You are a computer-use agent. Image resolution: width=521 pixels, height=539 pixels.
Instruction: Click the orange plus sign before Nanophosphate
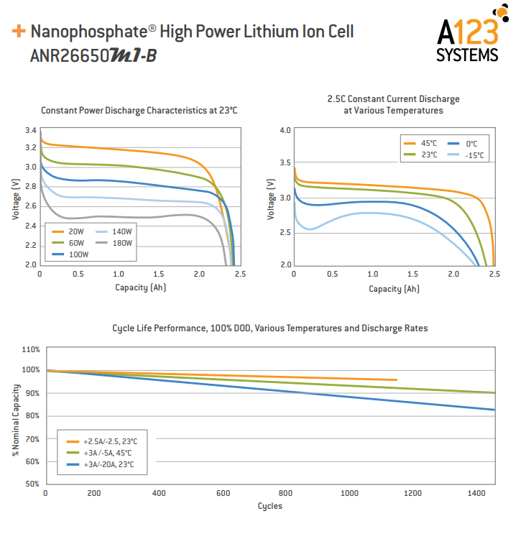[x=19, y=32]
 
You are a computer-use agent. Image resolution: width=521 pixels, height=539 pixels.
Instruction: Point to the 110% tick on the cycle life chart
[x=30, y=349]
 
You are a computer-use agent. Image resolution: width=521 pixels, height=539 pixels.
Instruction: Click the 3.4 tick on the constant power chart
[x=30, y=131]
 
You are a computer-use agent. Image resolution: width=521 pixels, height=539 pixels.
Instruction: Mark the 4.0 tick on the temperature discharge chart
[x=285, y=131]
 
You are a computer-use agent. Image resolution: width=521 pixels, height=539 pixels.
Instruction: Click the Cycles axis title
[x=270, y=506]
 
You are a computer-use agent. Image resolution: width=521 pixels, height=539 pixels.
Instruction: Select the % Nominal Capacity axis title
[x=15, y=417]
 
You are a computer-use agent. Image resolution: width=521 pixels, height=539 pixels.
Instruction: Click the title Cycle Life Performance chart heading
[x=269, y=328]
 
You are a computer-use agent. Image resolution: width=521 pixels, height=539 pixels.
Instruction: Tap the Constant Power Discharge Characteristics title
[x=139, y=111]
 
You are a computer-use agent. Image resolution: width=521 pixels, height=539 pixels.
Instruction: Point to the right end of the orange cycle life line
[x=396, y=379]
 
